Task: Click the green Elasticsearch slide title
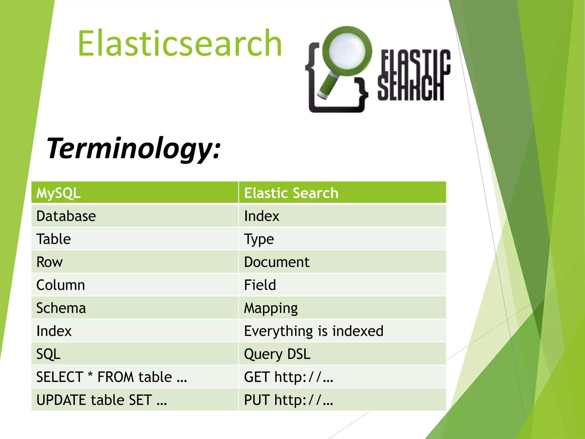[180, 43]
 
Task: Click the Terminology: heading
[134, 148]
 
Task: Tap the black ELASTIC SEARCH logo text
[414, 75]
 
